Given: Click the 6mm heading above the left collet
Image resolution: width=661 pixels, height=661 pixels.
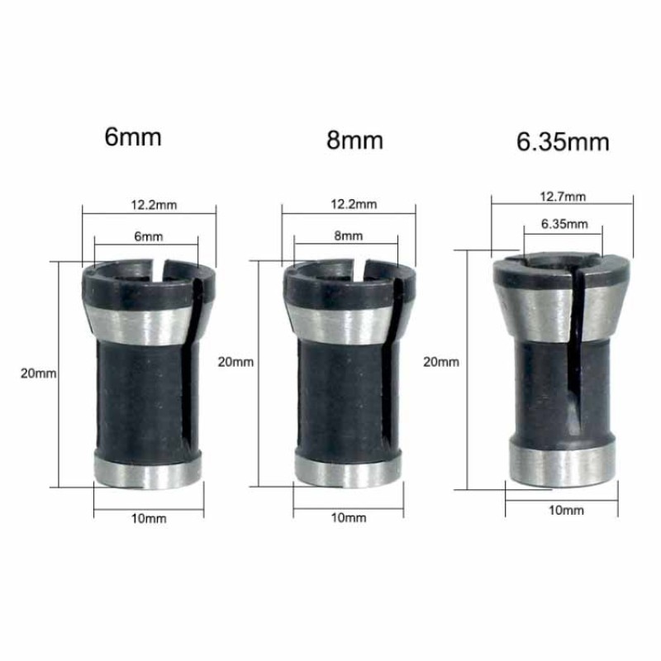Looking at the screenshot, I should [x=133, y=136].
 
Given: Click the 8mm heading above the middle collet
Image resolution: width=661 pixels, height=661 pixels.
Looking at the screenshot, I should [x=355, y=140].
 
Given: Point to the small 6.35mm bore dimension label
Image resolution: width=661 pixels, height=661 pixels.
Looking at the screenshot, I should [x=564, y=224].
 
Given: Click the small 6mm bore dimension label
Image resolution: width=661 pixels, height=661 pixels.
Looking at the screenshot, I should [x=148, y=236].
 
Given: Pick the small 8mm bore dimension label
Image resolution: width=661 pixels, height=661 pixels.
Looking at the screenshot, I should [x=348, y=236].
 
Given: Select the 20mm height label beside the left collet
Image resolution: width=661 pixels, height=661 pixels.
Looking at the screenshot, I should [x=39, y=373].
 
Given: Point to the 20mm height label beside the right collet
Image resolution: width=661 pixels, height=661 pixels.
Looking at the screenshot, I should [x=440, y=361].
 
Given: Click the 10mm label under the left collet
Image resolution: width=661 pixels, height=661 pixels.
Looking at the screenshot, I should [x=150, y=518].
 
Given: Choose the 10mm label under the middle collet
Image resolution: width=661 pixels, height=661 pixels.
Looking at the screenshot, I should [x=348, y=518].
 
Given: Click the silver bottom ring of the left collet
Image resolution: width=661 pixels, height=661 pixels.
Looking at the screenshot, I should [x=149, y=471].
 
